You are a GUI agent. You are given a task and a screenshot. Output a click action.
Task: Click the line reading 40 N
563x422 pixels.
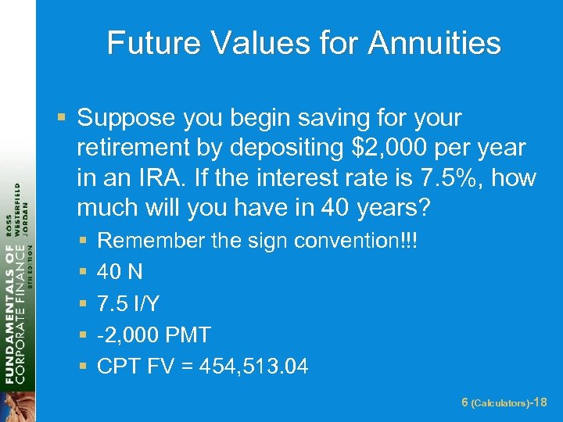tap(120, 272)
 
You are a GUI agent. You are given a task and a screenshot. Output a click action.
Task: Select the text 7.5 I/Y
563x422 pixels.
tap(128, 303)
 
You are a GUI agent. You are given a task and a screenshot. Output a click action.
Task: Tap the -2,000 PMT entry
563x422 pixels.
tap(154, 334)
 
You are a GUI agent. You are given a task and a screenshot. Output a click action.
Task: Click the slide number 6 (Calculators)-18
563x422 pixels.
tap(504, 402)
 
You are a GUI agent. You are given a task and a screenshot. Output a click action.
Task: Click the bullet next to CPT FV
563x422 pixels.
tap(84, 367)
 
